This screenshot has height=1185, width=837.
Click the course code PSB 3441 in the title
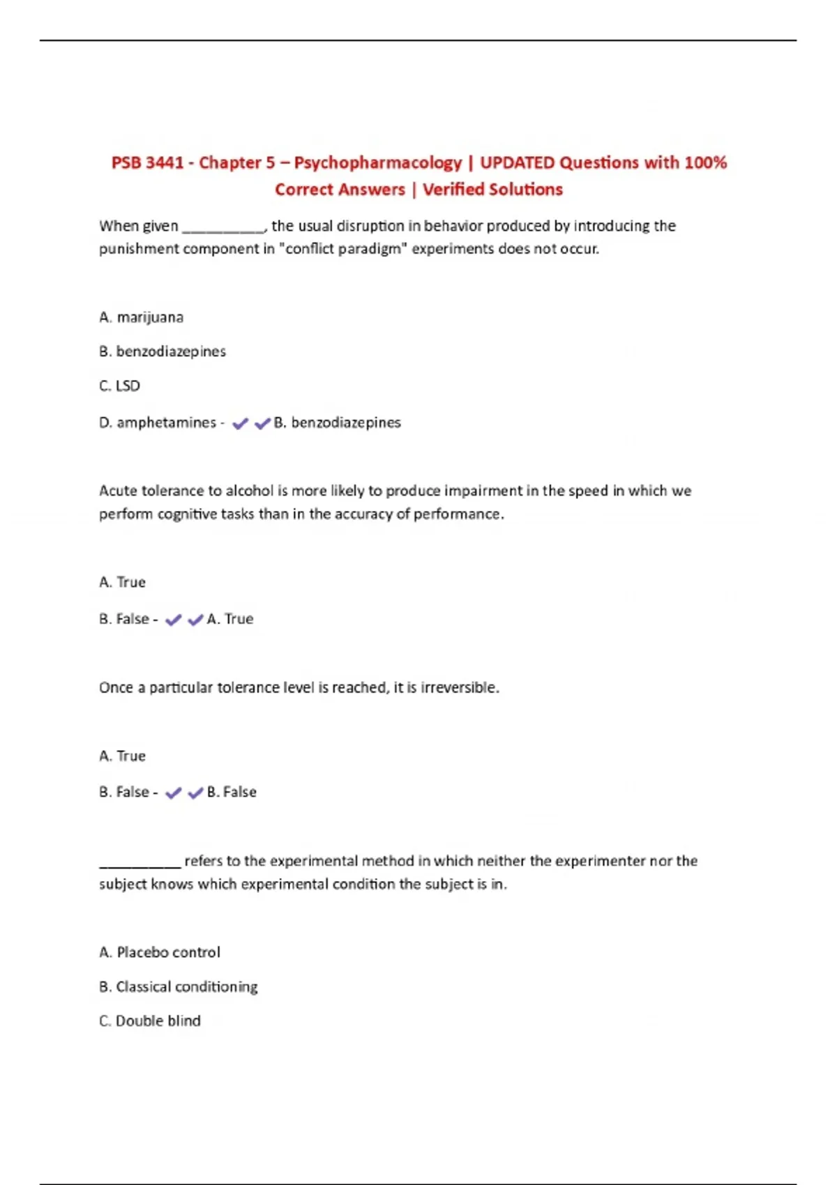tap(147, 162)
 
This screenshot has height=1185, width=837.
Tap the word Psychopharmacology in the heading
tap(377, 162)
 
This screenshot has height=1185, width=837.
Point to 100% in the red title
tap(705, 162)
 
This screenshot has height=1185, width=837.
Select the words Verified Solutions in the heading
tap(492, 190)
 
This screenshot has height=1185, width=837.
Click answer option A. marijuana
tap(142, 317)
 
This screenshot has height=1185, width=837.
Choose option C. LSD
tap(119, 385)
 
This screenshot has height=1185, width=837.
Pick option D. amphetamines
tap(158, 422)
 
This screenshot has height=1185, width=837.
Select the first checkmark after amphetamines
tap(240, 423)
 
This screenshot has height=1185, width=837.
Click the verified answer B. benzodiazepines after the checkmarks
tap(338, 422)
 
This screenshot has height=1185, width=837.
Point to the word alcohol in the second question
tap(249, 491)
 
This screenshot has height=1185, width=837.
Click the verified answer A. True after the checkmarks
tap(230, 619)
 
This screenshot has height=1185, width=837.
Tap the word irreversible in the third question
tap(459, 687)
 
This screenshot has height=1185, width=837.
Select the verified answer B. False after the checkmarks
tap(232, 792)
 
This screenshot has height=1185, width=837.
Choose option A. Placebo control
tap(160, 952)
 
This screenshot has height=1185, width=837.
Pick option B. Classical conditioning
tap(179, 986)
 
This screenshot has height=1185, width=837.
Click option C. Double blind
tap(150, 1020)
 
